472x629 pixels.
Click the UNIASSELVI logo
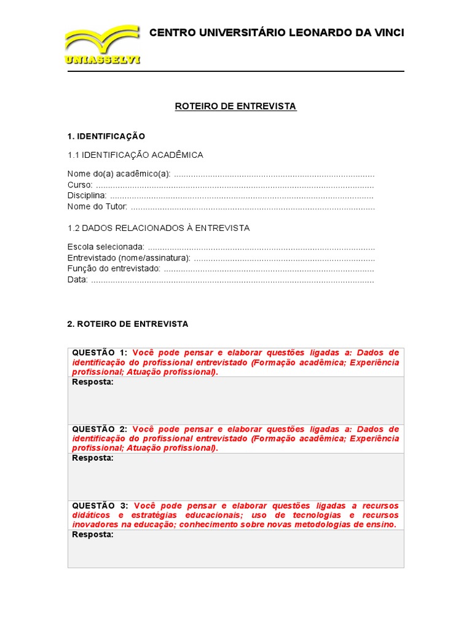[x=102, y=45]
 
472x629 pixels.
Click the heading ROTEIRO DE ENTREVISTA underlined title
[x=235, y=106]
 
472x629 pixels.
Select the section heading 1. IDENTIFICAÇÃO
[x=106, y=136]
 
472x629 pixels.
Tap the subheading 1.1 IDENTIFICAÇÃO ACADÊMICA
[x=135, y=155]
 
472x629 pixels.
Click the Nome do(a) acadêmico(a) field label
[x=119, y=174]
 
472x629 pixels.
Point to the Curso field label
[x=80, y=185]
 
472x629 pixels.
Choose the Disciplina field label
[x=87, y=195]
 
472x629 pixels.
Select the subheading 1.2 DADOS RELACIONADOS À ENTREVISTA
[x=158, y=228]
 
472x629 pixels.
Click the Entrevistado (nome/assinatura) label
[x=128, y=258]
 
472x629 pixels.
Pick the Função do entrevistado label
[x=114, y=268]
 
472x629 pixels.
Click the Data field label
[x=77, y=279]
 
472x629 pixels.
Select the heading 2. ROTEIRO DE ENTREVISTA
[x=127, y=324]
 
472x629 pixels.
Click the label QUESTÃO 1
[x=100, y=353]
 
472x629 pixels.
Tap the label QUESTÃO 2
[x=100, y=429]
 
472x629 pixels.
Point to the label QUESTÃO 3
[x=100, y=505]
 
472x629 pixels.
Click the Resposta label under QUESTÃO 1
[x=93, y=382]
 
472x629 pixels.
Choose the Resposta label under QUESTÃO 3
[x=93, y=534]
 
